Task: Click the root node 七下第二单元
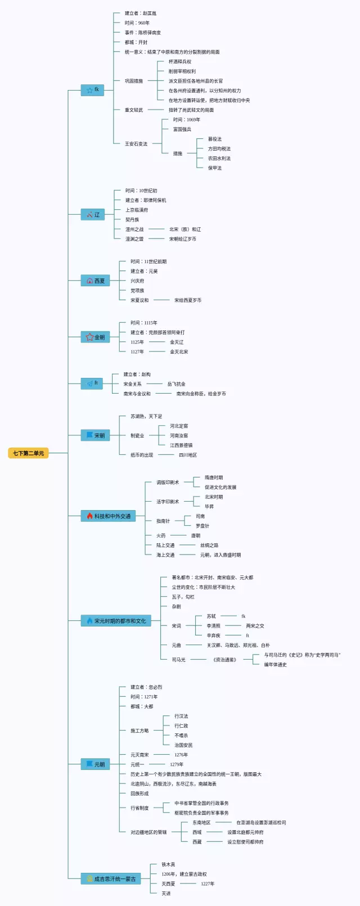[x=28, y=453]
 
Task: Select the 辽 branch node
[x=93, y=214]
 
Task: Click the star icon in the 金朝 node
[x=89, y=337]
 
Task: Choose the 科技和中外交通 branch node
[x=109, y=516]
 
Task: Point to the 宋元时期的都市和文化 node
[x=116, y=621]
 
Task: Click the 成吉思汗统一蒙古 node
[x=110, y=878]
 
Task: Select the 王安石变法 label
[x=136, y=144]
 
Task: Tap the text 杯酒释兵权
[x=180, y=62]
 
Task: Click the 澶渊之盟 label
[x=134, y=239]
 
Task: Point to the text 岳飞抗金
[x=177, y=384]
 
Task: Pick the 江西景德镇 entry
[x=181, y=445]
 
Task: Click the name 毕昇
[x=209, y=507]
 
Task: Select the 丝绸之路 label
[x=209, y=546]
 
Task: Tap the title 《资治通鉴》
[x=225, y=660]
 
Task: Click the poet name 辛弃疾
[x=214, y=635]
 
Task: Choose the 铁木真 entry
[x=169, y=864]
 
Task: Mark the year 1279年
[x=177, y=765]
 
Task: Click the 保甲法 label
[x=215, y=168]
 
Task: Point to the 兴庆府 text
[x=137, y=281]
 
